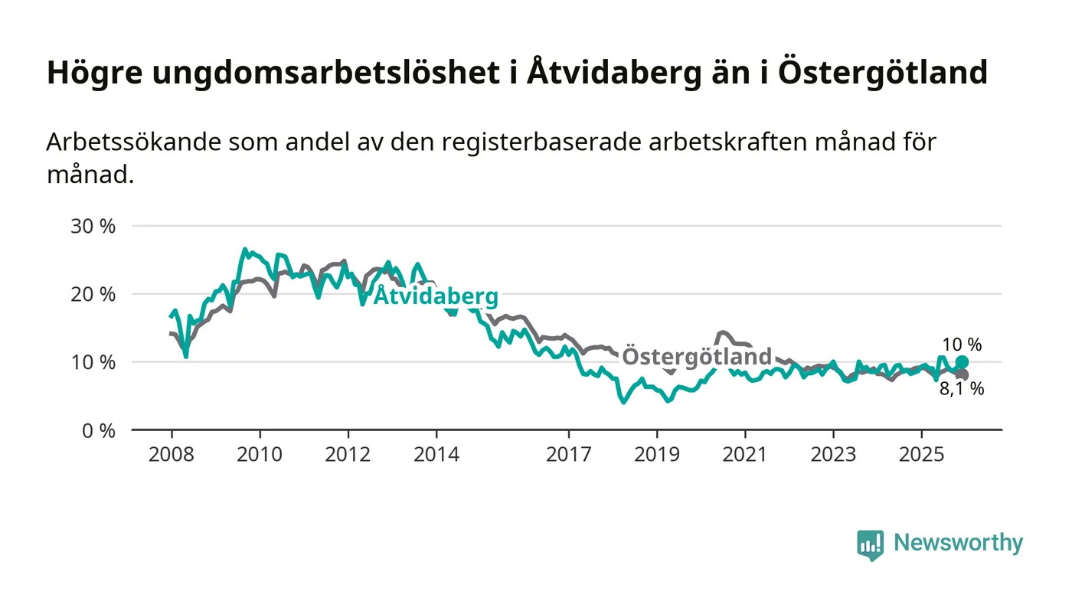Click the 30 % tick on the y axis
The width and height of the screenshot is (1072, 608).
pos(93,227)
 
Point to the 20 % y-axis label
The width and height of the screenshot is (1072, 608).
pos(93,294)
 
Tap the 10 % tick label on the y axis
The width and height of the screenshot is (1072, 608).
pos(93,362)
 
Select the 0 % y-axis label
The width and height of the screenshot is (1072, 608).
pos(98,430)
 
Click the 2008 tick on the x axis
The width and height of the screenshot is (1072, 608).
pos(172,454)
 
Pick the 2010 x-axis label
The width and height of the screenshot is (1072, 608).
pos(260,454)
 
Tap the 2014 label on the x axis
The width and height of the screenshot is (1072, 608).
pos(436,454)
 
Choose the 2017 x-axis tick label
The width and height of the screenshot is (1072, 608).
pos(568,454)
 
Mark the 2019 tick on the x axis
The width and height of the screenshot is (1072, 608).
pos(657,454)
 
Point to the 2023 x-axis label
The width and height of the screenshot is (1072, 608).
pos(833,454)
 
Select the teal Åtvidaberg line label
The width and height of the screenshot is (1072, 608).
pos(436,296)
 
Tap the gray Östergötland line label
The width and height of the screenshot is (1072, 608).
pos(697,357)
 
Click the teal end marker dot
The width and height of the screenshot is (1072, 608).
pos(962,361)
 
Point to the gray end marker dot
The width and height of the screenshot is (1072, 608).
pos(963,374)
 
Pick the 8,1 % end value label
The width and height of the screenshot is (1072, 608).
pos(962,389)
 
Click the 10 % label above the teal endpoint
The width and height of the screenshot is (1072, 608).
pos(962,345)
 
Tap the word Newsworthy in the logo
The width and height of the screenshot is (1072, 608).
pos(959,543)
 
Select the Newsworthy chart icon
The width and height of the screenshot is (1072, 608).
pos(870,544)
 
